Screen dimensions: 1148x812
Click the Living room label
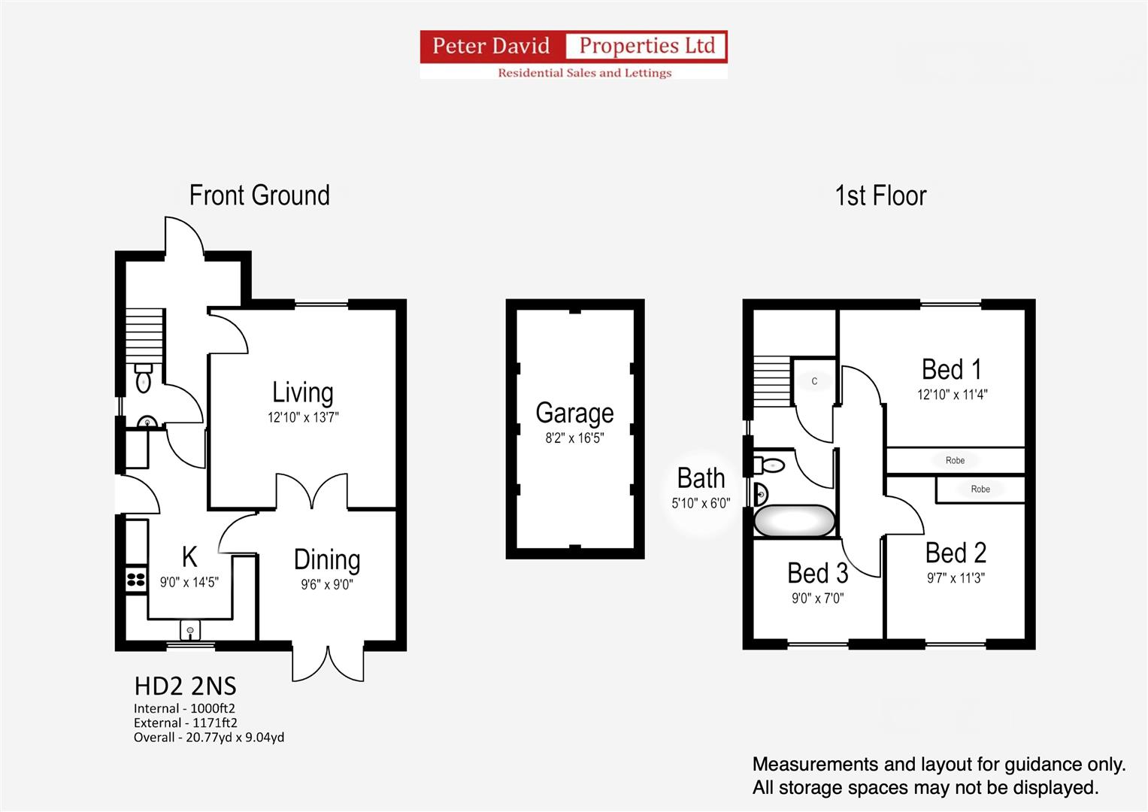(x=302, y=392)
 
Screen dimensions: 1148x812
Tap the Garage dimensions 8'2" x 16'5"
(x=574, y=438)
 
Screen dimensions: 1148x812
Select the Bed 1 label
(x=952, y=369)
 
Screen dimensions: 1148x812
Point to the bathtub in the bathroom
(x=794, y=521)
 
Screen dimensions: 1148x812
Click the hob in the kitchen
(x=136, y=580)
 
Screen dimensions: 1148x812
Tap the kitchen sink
(x=190, y=630)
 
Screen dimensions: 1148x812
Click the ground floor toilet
(x=144, y=377)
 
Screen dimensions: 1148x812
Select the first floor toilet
(x=769, y=465)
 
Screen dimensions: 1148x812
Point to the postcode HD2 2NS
(x=186, y=686)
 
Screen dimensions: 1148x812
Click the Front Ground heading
(x=259, y=195)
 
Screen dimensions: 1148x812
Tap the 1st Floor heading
(x=881, y=195)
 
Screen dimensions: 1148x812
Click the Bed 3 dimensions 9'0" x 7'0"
(x=817, y=598)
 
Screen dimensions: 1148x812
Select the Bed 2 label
(x=956, y=553)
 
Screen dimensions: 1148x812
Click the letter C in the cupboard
(x=814, y=381)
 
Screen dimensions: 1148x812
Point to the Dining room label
(x=327, y=560)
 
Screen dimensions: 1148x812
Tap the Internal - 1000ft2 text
(x=184, y=708)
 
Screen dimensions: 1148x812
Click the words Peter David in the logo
(x=491, y=46)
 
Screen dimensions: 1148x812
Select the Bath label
(x=701, y=477)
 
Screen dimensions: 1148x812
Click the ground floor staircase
(x=144, y=336)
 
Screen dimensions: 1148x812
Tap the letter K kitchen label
(x=189, y=556)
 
